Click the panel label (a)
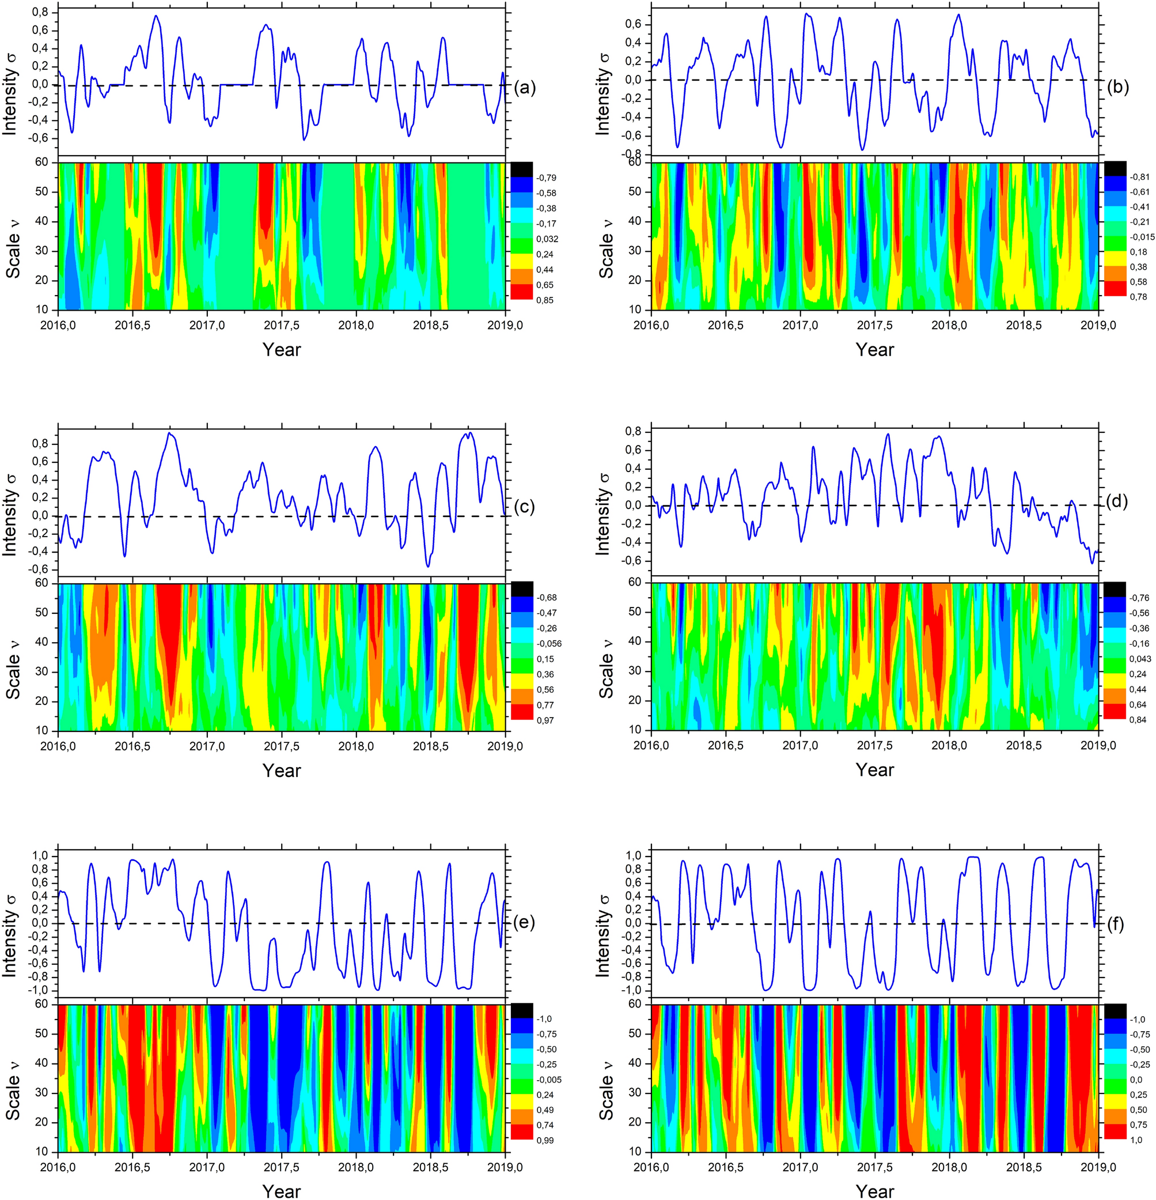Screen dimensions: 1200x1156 525,88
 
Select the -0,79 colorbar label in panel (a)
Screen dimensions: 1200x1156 546,178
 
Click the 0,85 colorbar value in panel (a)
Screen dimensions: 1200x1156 545,300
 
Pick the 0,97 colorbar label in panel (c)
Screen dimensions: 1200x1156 545,720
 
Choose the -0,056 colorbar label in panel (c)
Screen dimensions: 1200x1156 548,643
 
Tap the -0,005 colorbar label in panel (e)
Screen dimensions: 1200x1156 548,1080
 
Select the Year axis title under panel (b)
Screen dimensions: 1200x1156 874,350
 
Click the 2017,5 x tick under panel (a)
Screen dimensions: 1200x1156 282,325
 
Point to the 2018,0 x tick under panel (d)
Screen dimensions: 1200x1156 949,745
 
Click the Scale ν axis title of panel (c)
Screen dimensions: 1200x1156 12,657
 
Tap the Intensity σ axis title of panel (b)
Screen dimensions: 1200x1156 604,93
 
